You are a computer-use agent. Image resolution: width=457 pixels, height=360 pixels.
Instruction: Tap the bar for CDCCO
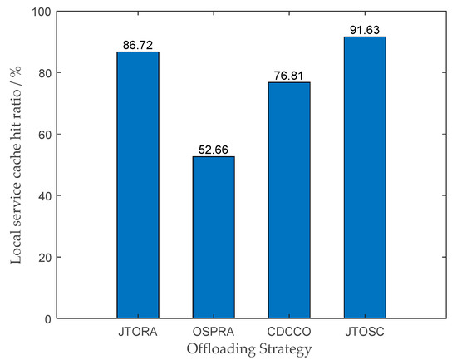point(287,200)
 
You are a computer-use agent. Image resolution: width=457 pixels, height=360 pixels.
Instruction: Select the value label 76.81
point(287,76)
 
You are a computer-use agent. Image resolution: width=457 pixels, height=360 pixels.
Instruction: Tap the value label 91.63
point(363,30)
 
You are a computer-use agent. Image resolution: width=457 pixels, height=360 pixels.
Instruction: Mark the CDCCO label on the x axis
point(287,331)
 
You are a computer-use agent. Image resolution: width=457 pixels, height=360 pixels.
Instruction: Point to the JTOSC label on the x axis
point(363,331)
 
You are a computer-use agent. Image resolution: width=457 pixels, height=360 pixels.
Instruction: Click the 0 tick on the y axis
point(52,318)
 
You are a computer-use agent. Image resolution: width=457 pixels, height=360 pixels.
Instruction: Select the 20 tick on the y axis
point(48,257)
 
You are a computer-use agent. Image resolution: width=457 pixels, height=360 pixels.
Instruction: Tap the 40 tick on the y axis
point(48,195)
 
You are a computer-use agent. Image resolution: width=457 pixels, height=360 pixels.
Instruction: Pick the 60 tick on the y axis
point(48,134)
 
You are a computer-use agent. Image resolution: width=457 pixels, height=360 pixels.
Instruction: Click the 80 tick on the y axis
point(48,73)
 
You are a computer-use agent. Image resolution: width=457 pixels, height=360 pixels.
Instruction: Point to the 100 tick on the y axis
point(45,12)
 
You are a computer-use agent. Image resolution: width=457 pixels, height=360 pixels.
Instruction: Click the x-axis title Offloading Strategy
point(249,348)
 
